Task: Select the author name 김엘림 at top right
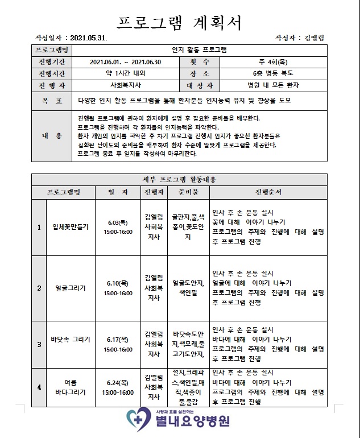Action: point(314,38)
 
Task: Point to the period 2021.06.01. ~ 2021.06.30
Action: point(126,62)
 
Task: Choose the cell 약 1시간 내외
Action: point(126,74)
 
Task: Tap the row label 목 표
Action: point(52,100)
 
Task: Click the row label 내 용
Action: point(52,136)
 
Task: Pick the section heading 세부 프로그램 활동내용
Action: point(179,179)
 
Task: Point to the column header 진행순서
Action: point(268,192)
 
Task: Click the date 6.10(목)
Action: point(118,283)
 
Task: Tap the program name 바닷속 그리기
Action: point(70,344)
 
